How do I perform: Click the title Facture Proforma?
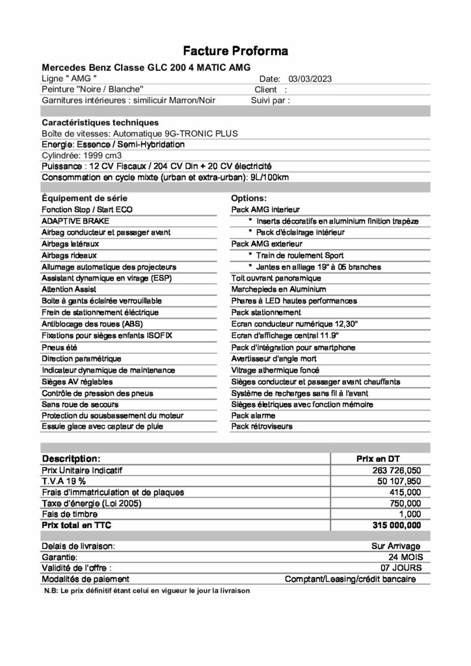pos(235,51)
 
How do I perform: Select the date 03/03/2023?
pos(310,78)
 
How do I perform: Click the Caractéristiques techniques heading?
pos(100,122)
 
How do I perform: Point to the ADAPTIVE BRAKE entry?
pos(70,221)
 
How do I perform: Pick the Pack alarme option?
pos(253,415)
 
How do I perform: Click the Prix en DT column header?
pos(383,459)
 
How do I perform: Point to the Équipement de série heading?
pos(85,198)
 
